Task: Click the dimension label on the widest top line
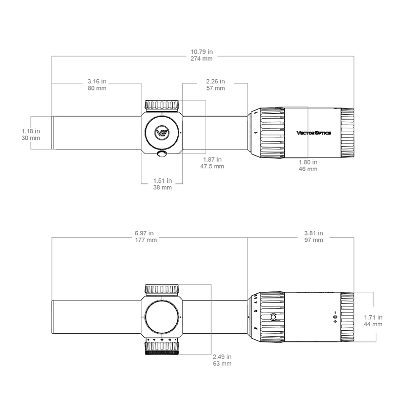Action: coord(202,55)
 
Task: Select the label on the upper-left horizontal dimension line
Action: coord(97,83)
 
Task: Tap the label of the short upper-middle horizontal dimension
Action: coord(215,83)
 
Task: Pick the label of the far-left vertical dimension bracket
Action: coord(30,133)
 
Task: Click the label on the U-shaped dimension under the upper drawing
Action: coord(163,184)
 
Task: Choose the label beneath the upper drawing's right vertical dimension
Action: coord(308,165)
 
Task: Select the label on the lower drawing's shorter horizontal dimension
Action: coord(313,236)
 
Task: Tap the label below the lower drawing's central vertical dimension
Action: coord(222,359)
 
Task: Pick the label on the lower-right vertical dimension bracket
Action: coord(374,320)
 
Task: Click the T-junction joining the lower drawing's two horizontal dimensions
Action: coord(247,237)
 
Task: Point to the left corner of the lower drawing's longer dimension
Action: coord(52,237)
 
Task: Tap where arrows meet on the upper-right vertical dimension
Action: coord(308,133)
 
